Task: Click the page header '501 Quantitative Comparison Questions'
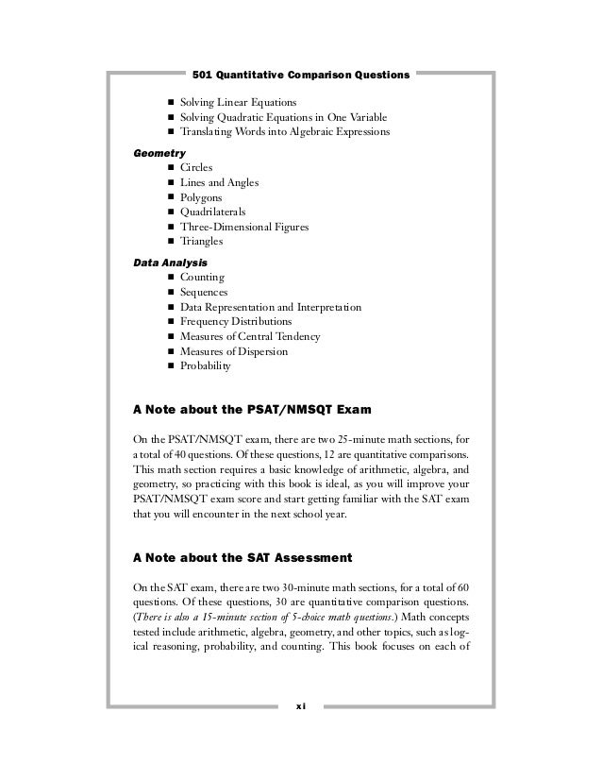click(300, 73)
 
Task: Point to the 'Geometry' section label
click(159, 152)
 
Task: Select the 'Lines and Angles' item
click(219, 182)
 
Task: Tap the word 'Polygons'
click(202, 197)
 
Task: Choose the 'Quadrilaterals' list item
click(213, 212)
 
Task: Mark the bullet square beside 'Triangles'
click(171, 242)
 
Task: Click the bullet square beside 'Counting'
click(171, 278)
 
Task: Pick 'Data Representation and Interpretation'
click(271, 308)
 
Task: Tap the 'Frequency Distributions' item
click(236, 322)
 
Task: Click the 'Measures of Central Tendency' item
click(250, 337)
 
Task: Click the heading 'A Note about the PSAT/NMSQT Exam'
click(254, 410)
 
